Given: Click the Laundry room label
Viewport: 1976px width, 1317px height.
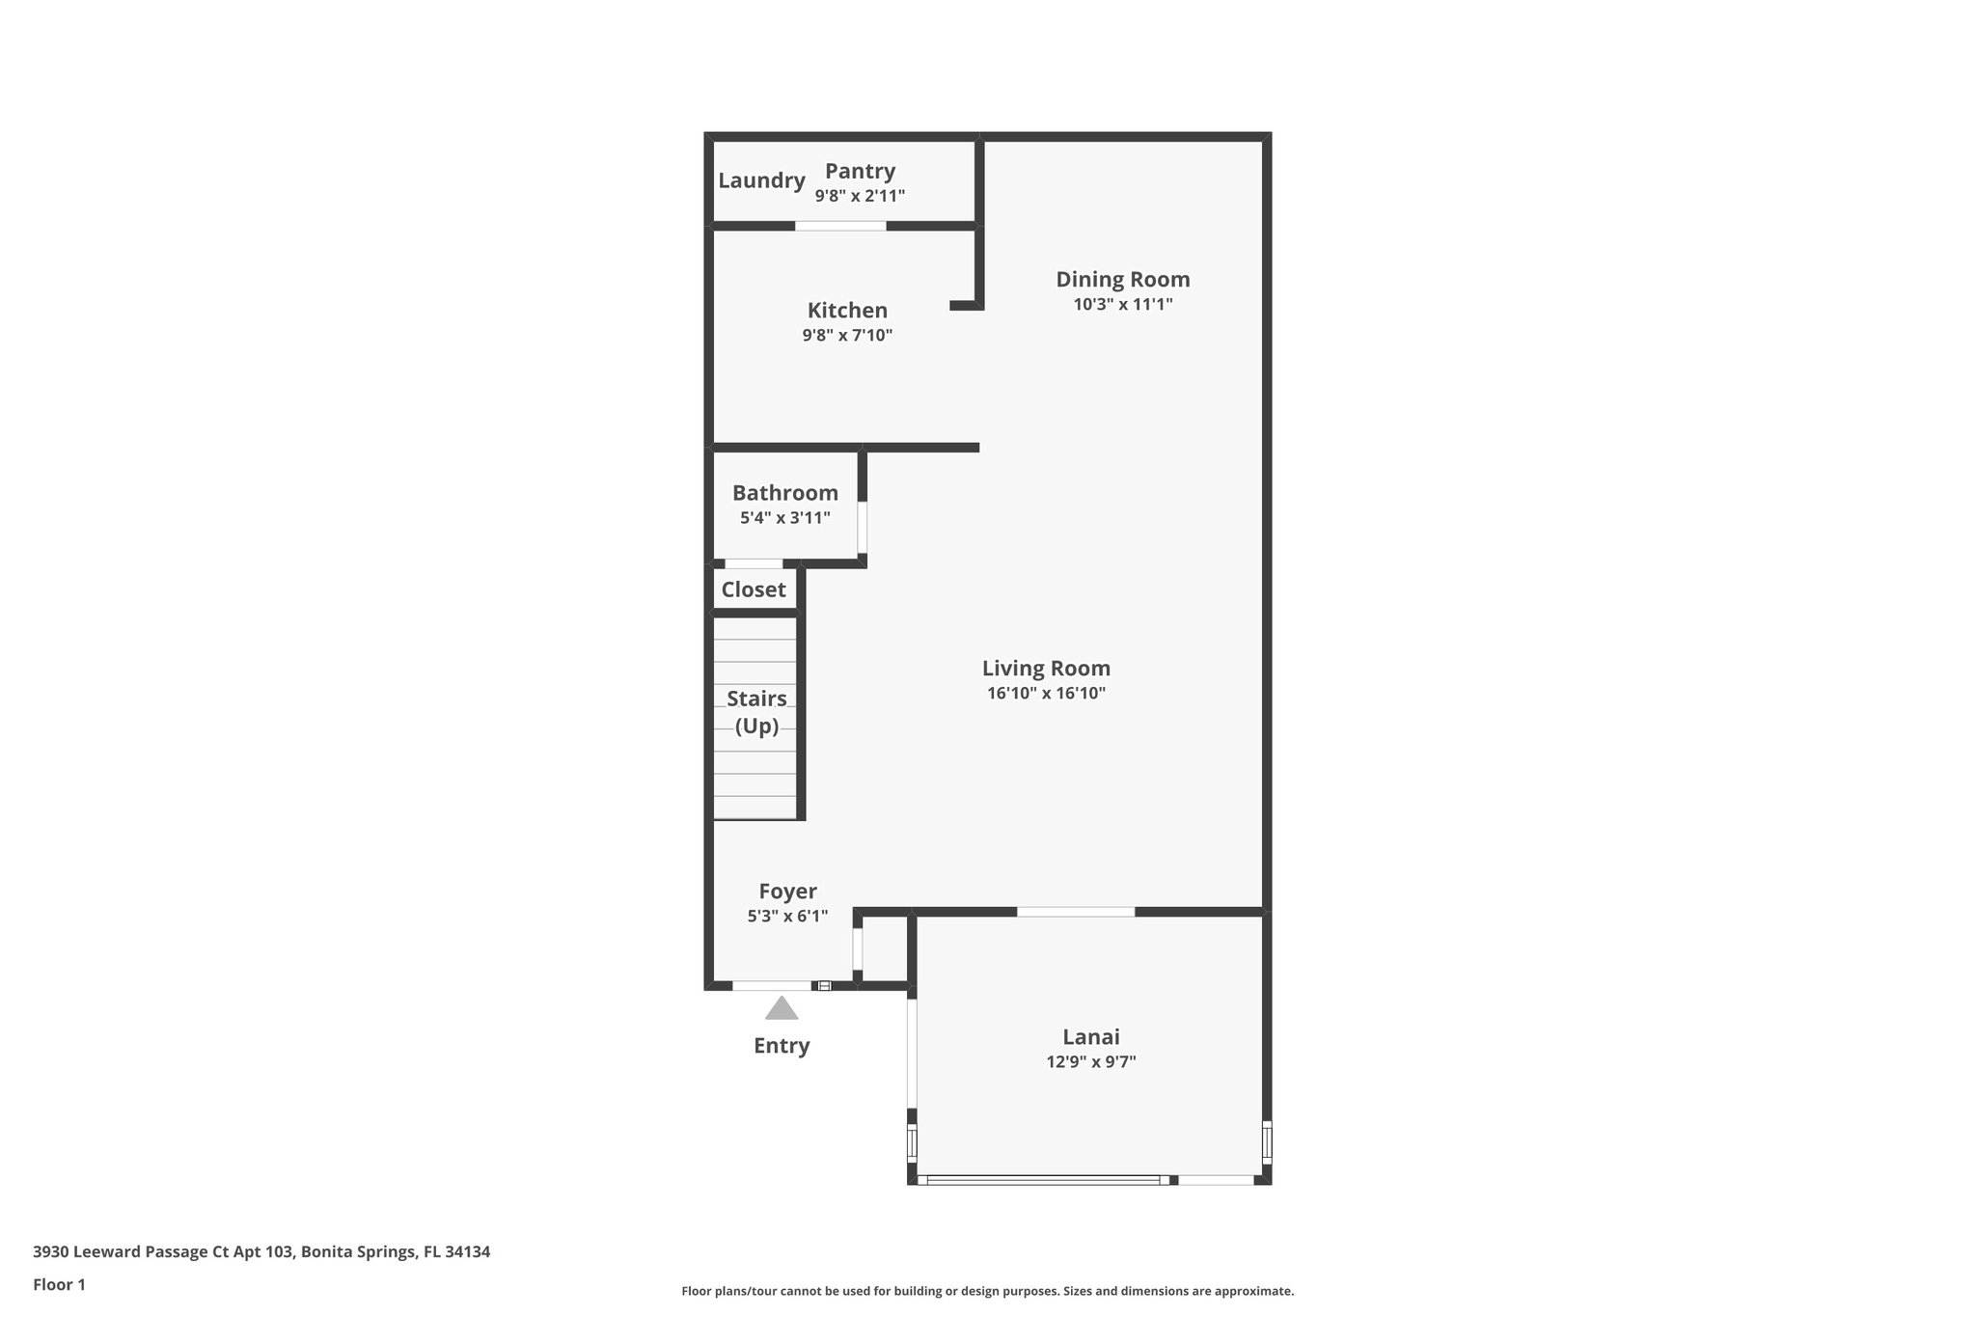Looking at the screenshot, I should [761, 180].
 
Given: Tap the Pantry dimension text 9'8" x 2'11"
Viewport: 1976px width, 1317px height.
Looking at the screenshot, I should [860, 196].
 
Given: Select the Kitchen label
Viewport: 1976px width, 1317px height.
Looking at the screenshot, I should [847, 311].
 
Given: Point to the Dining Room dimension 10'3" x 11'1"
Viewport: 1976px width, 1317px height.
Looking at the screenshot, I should [1123, 304].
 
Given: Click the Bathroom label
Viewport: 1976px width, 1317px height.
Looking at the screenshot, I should [784, 493].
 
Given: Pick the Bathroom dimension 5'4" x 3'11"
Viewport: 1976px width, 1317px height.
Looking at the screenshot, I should [784, 518].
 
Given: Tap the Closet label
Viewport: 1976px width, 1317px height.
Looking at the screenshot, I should [754, 590].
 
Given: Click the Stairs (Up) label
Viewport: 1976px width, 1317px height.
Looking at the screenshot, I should [756, 712].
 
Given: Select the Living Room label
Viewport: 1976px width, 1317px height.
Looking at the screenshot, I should [1046, 669].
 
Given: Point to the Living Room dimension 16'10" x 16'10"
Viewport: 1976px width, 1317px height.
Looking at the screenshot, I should [1046, 693].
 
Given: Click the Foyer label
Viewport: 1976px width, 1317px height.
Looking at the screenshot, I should [787, 892].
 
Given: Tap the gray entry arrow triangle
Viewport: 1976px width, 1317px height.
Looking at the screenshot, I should [782, 1009].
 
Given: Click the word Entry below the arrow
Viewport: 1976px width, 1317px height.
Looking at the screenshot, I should [782, 1046].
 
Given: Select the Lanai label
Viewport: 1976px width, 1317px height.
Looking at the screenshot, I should [1091, 1037].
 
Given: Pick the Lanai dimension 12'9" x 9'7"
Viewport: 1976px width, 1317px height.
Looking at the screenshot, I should [1091, 1062].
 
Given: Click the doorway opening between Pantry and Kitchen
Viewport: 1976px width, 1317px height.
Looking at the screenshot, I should [840, 226].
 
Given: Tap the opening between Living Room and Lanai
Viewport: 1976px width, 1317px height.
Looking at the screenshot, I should [1076, 912].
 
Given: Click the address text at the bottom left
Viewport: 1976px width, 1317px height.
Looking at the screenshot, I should [261, 1252].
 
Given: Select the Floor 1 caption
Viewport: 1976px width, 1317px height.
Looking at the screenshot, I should [59, 1285].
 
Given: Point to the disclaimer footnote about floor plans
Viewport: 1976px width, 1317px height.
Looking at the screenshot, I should [987, 1291].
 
